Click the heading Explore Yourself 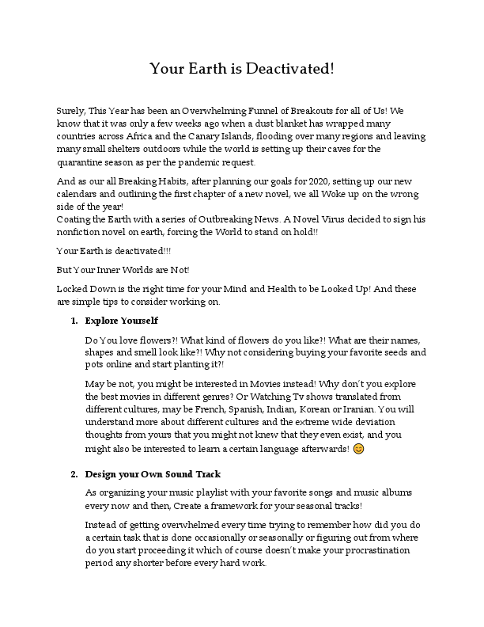[x=122, y=321]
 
